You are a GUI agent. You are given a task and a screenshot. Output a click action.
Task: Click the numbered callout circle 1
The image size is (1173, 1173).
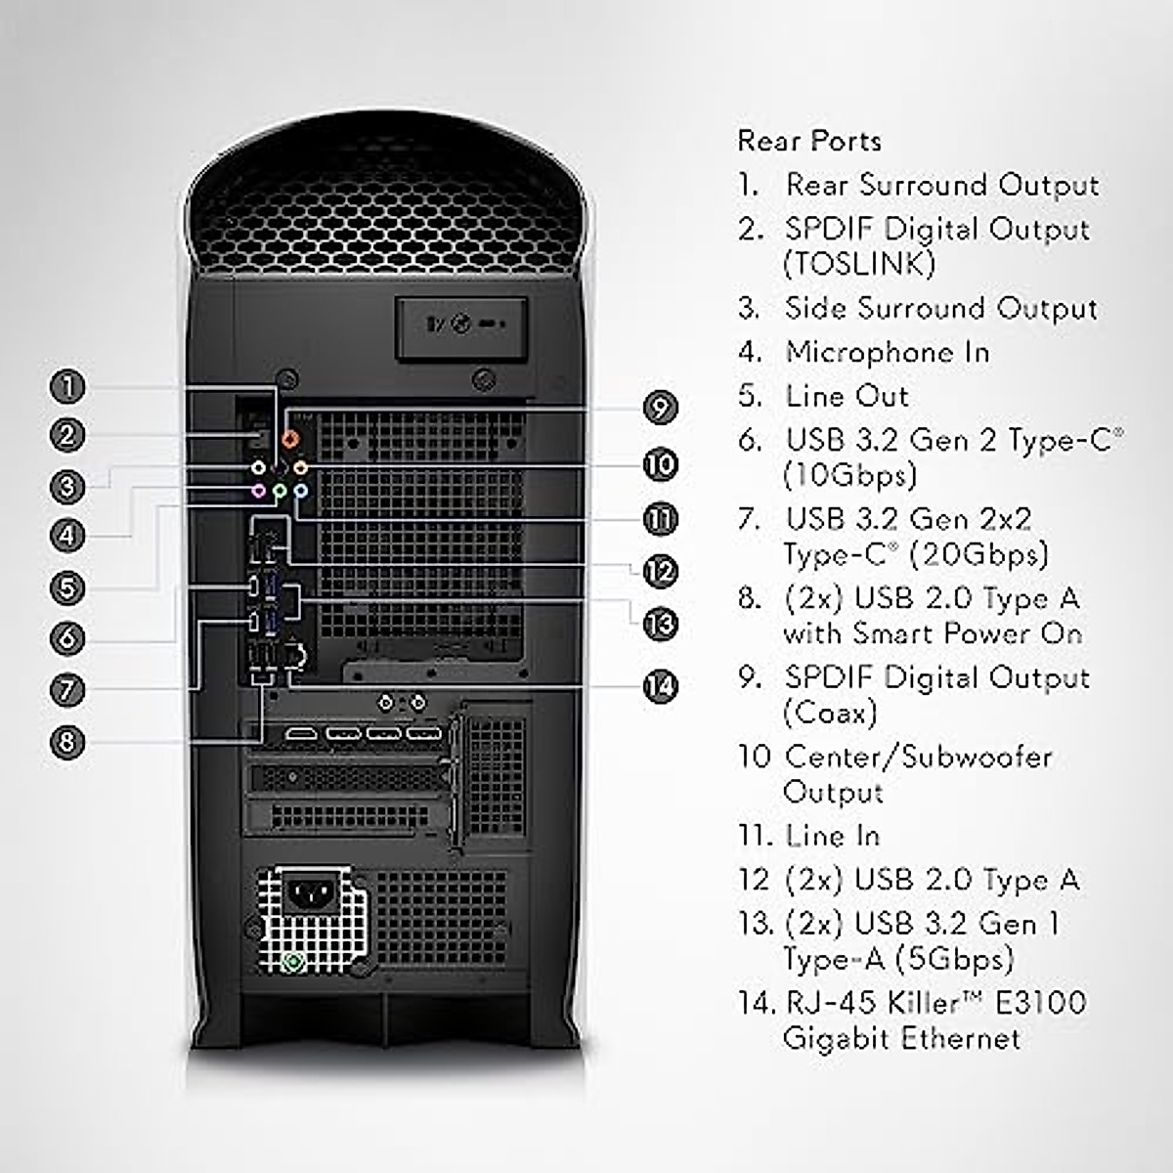click(67, 386)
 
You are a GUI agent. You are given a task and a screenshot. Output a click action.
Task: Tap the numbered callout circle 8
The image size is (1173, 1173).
click(66, 741)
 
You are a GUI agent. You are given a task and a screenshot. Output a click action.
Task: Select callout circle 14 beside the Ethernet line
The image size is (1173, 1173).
click(661, 686)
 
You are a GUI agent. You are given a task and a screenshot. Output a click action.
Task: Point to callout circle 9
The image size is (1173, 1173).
click(661, 407)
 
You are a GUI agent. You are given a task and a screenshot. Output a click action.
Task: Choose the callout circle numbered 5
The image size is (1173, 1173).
click(66, 587)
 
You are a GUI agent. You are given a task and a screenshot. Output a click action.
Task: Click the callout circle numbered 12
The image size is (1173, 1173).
click(661, 571)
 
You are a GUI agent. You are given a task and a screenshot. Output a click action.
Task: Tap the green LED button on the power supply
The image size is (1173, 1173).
click(291, 963)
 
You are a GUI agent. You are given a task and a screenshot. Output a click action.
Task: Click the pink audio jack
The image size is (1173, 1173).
click(258, 491)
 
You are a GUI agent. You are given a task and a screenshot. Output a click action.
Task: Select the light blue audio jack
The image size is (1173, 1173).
click(300, 491)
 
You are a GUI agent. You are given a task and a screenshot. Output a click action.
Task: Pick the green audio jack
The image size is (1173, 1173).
click(280, 491)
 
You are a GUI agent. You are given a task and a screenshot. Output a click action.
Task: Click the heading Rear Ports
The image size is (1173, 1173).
click(809, 141)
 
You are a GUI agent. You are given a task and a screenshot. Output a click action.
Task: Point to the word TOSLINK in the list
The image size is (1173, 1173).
click(859, 264)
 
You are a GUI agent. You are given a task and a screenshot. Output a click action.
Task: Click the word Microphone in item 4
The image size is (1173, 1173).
click(860, 352)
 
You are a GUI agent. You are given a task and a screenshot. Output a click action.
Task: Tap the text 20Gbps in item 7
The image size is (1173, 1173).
click(977, 554)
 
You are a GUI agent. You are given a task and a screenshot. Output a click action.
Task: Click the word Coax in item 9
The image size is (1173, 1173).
click(829, 713)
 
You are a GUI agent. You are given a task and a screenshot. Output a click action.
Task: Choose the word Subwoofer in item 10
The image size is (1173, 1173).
click(978, 757)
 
